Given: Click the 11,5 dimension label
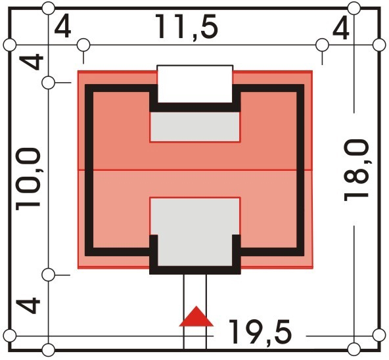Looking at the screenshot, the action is point(187,27).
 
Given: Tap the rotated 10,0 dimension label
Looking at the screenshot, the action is point(28,179).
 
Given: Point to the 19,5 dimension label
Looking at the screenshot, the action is point(260,332).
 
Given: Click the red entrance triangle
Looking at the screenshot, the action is point(196,317).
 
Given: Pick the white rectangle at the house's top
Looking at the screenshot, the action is point(195,84).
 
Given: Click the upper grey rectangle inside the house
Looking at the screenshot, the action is point(195,127).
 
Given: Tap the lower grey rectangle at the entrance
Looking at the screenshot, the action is point(195,232).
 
